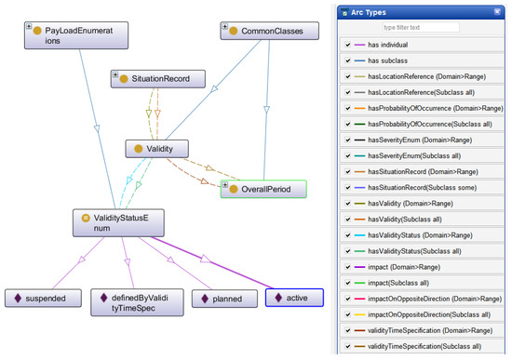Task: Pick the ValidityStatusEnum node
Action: click(x=120, y=222)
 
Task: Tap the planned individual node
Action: click(x=223, y=300)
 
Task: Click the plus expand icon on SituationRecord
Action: click(x=115, y=74)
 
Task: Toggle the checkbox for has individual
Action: click(x=347, y=45)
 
